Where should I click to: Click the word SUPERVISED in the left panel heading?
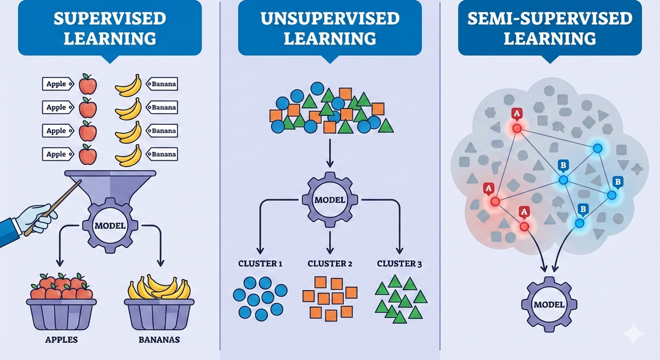(x=110, y=18)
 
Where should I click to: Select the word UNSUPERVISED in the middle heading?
(x=329, y=18)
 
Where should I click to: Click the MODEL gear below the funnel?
(x=110, y=225)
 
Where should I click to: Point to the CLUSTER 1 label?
(x=260, y=264)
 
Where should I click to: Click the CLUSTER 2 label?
(x=329, y=264)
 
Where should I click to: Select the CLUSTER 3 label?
(x=399, y=264)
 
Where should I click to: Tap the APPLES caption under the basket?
(x=61, y=340)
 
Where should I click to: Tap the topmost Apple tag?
(x=57, y=84)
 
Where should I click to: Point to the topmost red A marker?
(x=516, y=114)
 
